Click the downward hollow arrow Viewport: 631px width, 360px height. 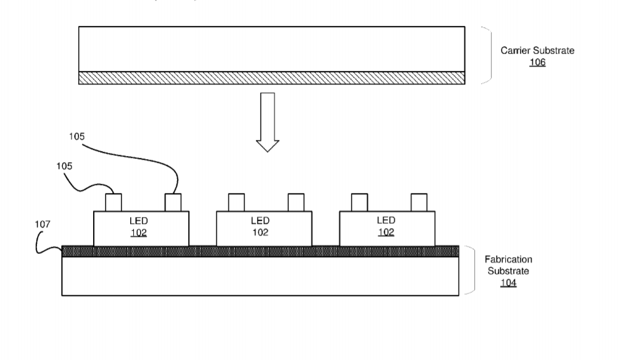pos(268,122)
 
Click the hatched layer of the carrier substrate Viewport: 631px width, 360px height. pos(271,78)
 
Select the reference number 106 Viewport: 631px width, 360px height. pos(537,62)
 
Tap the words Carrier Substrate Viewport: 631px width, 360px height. pos(537,51)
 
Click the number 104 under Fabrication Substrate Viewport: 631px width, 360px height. pos(508,283)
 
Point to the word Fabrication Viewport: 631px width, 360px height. pos(508,259)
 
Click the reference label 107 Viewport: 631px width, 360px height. pos(43,224)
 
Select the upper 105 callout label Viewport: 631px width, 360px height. pos(77,136)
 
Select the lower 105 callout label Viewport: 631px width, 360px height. pos(64,166)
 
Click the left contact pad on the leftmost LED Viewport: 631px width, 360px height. pos(113,203)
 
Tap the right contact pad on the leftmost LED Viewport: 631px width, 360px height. pos(173,203)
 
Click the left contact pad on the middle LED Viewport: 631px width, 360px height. pos(236,203)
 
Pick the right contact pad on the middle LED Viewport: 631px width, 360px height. pos(296,203)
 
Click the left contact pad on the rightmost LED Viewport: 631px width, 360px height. pos(360,203)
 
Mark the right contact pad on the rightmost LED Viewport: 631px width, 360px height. pos(419,203)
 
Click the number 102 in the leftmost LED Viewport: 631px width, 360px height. pos(138,232)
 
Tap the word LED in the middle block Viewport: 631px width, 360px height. pos(260,221)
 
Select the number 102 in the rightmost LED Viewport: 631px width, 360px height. pos(386,232)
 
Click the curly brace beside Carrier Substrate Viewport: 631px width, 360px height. pos(487,55)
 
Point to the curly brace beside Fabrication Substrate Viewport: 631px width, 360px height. pos(470,270)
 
